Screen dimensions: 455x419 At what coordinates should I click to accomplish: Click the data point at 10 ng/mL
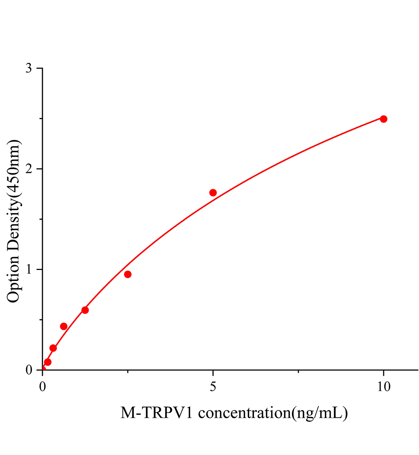tap(383, 119)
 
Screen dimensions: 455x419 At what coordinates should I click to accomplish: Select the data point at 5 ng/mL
tap(213, 193)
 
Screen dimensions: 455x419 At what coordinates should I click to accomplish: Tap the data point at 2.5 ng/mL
tap(128, 274)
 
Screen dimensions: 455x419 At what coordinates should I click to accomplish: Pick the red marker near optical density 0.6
tap(85, 310)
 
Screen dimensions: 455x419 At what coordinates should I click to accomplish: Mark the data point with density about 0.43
tap(64, 326)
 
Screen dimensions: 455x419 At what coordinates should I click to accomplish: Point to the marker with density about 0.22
tap(53, 348)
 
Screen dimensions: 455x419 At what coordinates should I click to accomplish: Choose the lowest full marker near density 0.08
tap(48, 362)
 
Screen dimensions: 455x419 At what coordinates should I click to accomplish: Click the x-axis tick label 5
tap(213, 386)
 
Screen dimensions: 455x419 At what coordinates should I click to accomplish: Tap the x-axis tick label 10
tap(383, 386)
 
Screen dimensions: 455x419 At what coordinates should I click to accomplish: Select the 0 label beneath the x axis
tap(43, 386)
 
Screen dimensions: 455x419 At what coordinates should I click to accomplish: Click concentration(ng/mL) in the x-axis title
tap(273, 413)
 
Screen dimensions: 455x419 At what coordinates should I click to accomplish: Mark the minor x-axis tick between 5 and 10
tap(298, 372)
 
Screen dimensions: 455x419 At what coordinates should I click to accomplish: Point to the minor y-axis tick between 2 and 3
tap(41, 119)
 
